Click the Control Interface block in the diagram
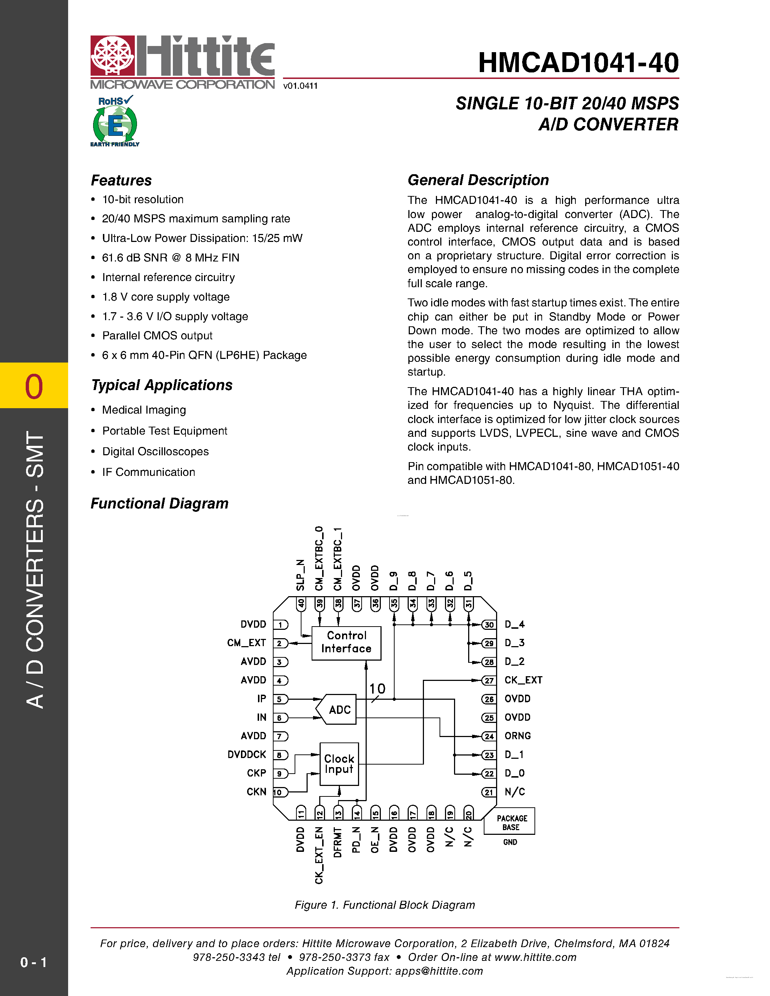click(x=346, y=642)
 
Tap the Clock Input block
click(x=339, y=764)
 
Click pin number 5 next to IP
click(x=280, y=699)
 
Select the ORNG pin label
click(x=517, y=736)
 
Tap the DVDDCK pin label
click(x=247, y=754)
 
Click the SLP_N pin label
click(x=300, y=575)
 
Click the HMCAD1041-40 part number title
click(x=578, y=63)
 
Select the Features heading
click(x=121, y=180)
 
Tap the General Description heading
click(x=478, y=180)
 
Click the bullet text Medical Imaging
click(x=144, y=410)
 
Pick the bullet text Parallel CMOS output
click(x=157, y=336)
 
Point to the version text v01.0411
click(x=300, y=86)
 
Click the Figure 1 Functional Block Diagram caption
click(x=384, y=905)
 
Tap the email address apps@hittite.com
click(x=439, y=971)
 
